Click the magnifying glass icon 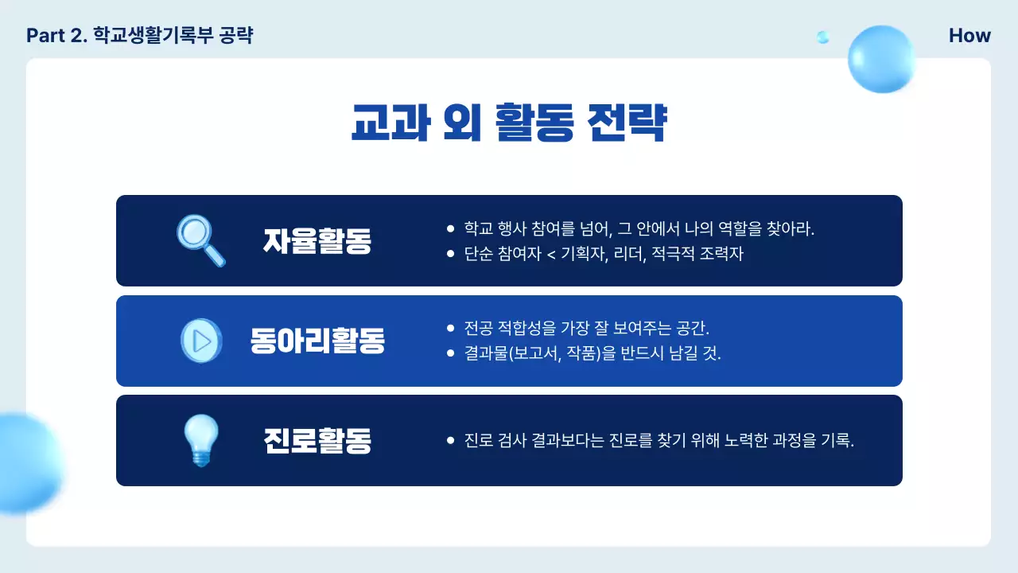(200, 240)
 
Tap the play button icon (201, 341)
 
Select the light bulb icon (200, 440)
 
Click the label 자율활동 (317, 241)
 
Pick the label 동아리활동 (317, 341)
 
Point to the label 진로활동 (317, 441)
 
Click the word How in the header (969, 36)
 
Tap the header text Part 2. (56, 36)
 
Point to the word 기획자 (584, 255)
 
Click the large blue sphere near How (880, 58)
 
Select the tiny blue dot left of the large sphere (823, 37)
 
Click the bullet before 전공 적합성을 (451, 328)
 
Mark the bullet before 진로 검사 (451, 440)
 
